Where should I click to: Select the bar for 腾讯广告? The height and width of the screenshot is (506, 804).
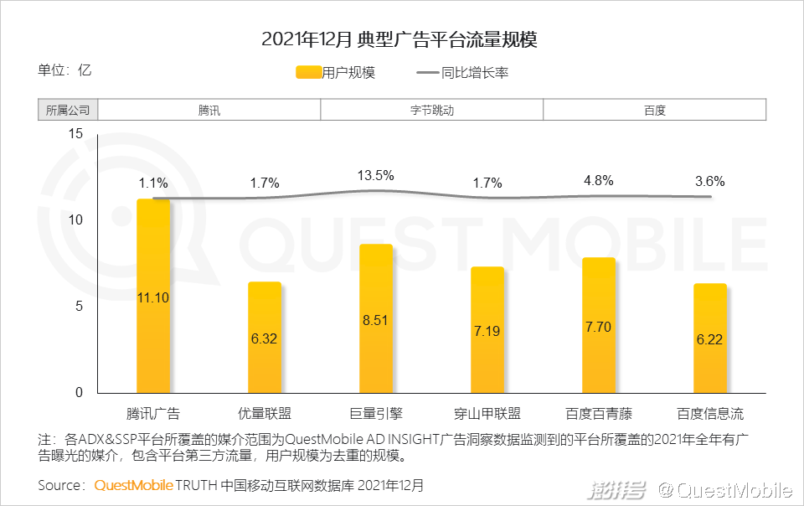click(x=153, y=297)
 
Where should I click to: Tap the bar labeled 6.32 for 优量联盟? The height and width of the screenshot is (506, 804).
click(x=265, y=338)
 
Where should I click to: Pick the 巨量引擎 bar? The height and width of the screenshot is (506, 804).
click(x=376, y=318)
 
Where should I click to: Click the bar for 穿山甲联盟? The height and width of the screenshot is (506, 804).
click(x=487, y=330)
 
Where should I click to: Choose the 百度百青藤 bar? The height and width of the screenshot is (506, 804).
click(x=599, y=325)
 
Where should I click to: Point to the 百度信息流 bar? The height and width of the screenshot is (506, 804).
click(x=709, y=338)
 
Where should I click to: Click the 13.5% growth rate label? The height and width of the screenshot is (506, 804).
click(x=376, y=175)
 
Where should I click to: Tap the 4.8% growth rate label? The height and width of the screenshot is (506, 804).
click(x=599, y=180)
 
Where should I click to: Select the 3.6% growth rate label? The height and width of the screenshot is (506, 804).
click(x=709, y=181)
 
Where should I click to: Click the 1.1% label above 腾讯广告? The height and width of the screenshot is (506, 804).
click(x=153, y=183)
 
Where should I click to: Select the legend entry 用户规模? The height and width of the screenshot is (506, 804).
click(x=335, y=73)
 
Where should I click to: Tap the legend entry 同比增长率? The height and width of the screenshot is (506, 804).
click(x=462, y=73)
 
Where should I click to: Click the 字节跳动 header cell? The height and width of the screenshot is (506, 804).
click(x=432, y=110)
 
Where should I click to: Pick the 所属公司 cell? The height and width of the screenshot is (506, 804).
click(x=68, y=110)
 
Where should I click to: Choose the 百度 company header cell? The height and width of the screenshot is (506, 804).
click(x=655, y=110)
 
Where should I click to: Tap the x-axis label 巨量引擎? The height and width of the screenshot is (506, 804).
click(x=376, y=413)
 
